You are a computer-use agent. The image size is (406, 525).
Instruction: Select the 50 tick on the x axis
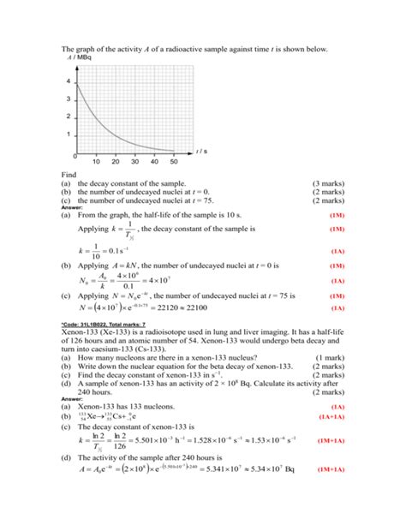coord(174,161)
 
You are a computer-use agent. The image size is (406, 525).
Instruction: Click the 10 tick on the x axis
coord(95,161)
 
